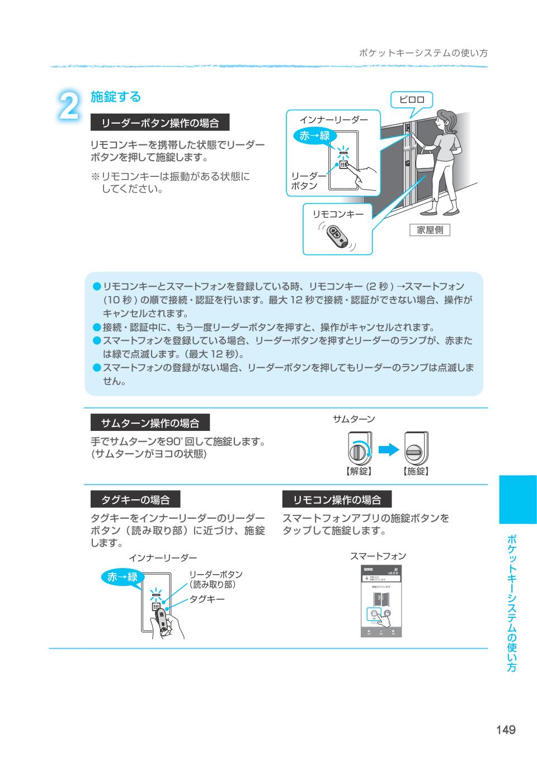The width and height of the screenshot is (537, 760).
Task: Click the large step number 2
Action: [x=69, y=106]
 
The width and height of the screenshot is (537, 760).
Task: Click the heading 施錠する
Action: [x=116, y=97]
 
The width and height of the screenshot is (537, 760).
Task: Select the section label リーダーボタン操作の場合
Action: [x=160, y=123]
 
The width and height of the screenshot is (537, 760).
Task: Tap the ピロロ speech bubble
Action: [x=411, y=100]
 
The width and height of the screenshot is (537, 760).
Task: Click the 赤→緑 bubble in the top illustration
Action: [x=314, y=135]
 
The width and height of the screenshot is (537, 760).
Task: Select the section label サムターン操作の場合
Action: [x=149, y=423]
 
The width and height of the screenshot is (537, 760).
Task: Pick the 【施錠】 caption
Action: [x=416, y=471]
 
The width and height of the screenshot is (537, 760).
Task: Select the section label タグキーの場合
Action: [x=135, y=499]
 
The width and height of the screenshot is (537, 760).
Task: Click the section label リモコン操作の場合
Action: [x=337, y=499]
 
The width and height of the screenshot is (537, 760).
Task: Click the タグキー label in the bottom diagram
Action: [x=207, y=599]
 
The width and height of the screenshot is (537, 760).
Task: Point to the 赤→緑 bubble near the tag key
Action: [x=123, y=577]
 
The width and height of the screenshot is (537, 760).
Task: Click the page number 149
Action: [x=505, y=729]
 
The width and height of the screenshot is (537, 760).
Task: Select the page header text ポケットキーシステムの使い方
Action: [x=423, y=53]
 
